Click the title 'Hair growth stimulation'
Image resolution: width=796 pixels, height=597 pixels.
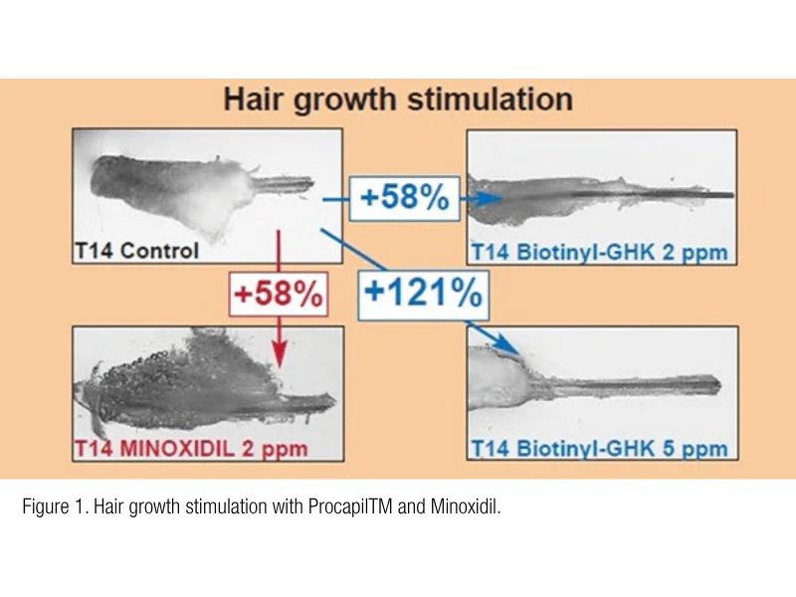(398, 100)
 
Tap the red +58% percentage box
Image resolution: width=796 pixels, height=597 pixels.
(278, 294)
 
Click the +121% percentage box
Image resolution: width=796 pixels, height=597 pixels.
(422, 294)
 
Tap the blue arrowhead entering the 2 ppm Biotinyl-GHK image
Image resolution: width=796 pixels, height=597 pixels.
(485, 199)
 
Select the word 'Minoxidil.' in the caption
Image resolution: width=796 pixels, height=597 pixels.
(467, 510)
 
